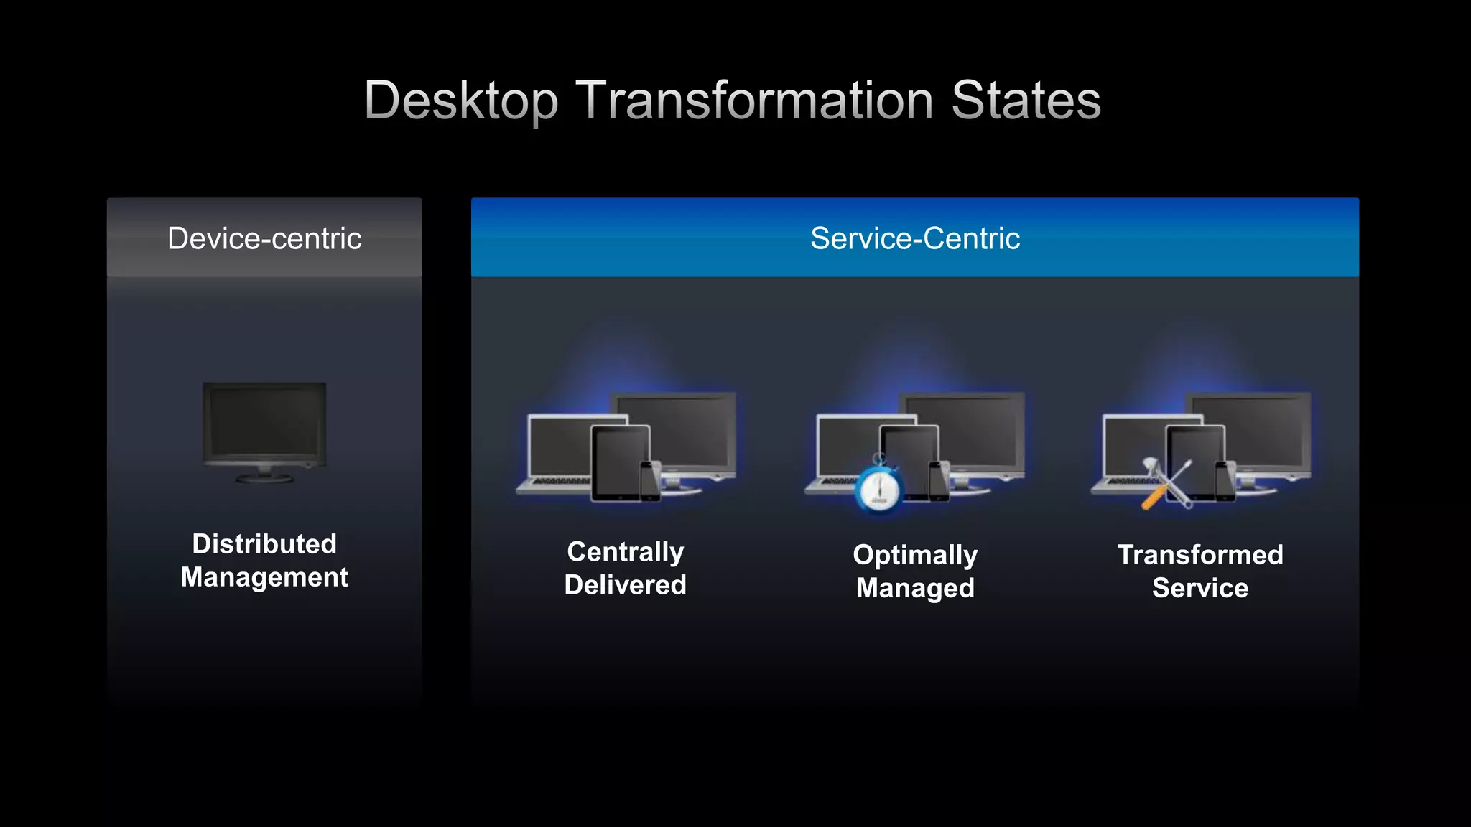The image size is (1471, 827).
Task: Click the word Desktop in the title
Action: point(460,101)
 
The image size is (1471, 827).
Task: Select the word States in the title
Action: point(1026,101)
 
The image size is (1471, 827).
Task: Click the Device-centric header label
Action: point(264,238)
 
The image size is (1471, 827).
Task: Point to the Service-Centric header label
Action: point(914,238)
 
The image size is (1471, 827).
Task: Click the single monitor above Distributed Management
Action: point(264,428)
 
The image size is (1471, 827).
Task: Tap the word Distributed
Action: point(264,544)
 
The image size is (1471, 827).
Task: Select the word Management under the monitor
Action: point(264,577)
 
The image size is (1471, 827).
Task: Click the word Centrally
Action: point(625,552)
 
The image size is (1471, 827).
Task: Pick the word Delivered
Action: point(625,585)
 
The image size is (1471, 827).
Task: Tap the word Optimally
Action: point(915,555)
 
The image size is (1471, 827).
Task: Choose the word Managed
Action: point(915,588)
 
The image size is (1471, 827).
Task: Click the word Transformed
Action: point(1199,555)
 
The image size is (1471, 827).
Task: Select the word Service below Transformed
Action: point(1199,588)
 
